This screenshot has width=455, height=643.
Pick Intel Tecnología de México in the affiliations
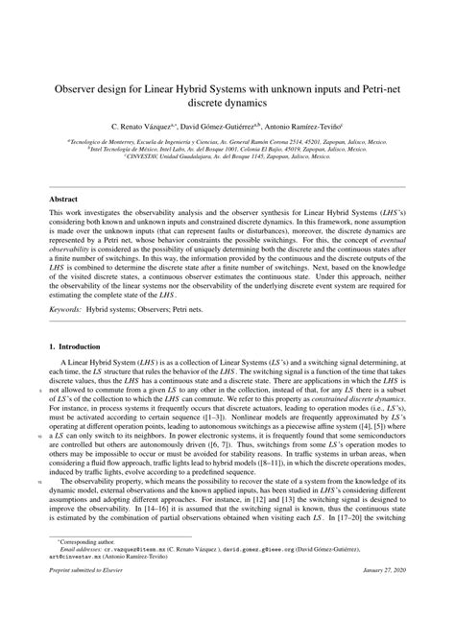[x=130, y=150]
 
